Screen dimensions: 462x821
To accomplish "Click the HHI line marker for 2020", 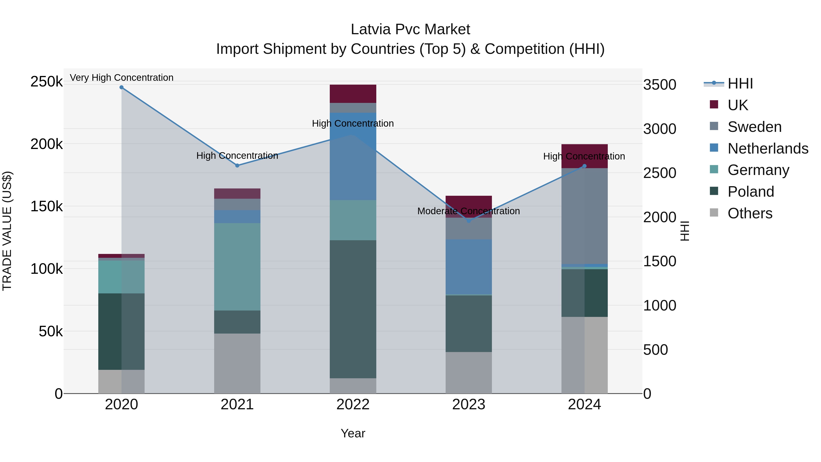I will [x=121, y=87].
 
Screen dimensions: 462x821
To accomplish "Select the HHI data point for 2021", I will [x=237, y=165].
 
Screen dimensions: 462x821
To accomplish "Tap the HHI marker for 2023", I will [x=468, y=221].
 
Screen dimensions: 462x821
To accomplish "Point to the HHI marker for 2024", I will [x=584, y=166].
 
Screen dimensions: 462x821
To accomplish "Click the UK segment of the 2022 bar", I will [x=353, y=94].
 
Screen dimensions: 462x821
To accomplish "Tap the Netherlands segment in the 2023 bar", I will [x=468, y=266].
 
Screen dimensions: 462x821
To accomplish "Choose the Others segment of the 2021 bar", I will [x=237, y=363].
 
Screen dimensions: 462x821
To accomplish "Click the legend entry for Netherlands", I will [x=767, y=149].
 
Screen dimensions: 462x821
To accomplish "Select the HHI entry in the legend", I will [x=740, y=84].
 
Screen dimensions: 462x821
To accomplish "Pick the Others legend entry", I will [x=750, y=213].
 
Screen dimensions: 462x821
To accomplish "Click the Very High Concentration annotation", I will [x=121, y=78].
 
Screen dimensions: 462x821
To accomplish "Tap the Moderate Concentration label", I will [x=468, y=211].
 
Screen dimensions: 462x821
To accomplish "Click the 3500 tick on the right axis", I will [x=659, y=85].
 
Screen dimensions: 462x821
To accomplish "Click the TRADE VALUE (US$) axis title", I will [x=7, y=231].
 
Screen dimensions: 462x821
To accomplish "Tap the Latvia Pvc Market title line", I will [x=410, y=29].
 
